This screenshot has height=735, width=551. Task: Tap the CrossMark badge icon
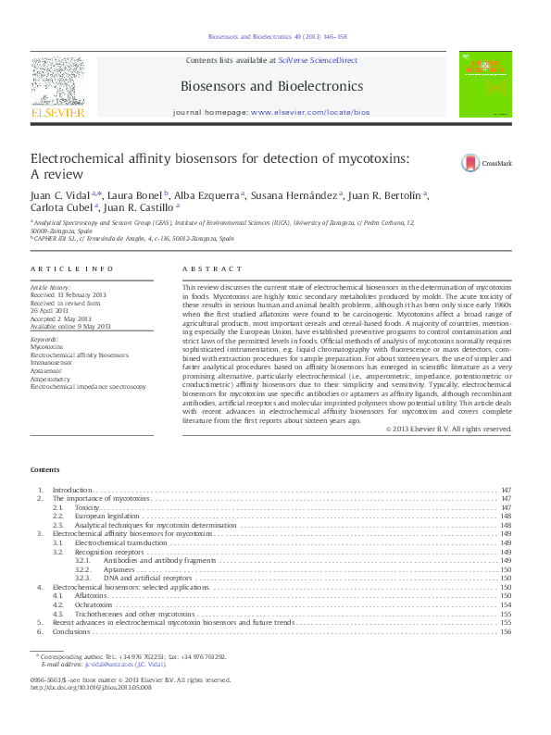click(x=471, y=164)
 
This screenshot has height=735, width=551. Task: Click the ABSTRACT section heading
click(x=206, y=268)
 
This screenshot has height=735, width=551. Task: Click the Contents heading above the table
click(x=45, y=470)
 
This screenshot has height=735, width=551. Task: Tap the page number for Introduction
click(x=506, y=489)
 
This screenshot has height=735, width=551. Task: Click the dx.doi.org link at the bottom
click(x=92, y=688)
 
